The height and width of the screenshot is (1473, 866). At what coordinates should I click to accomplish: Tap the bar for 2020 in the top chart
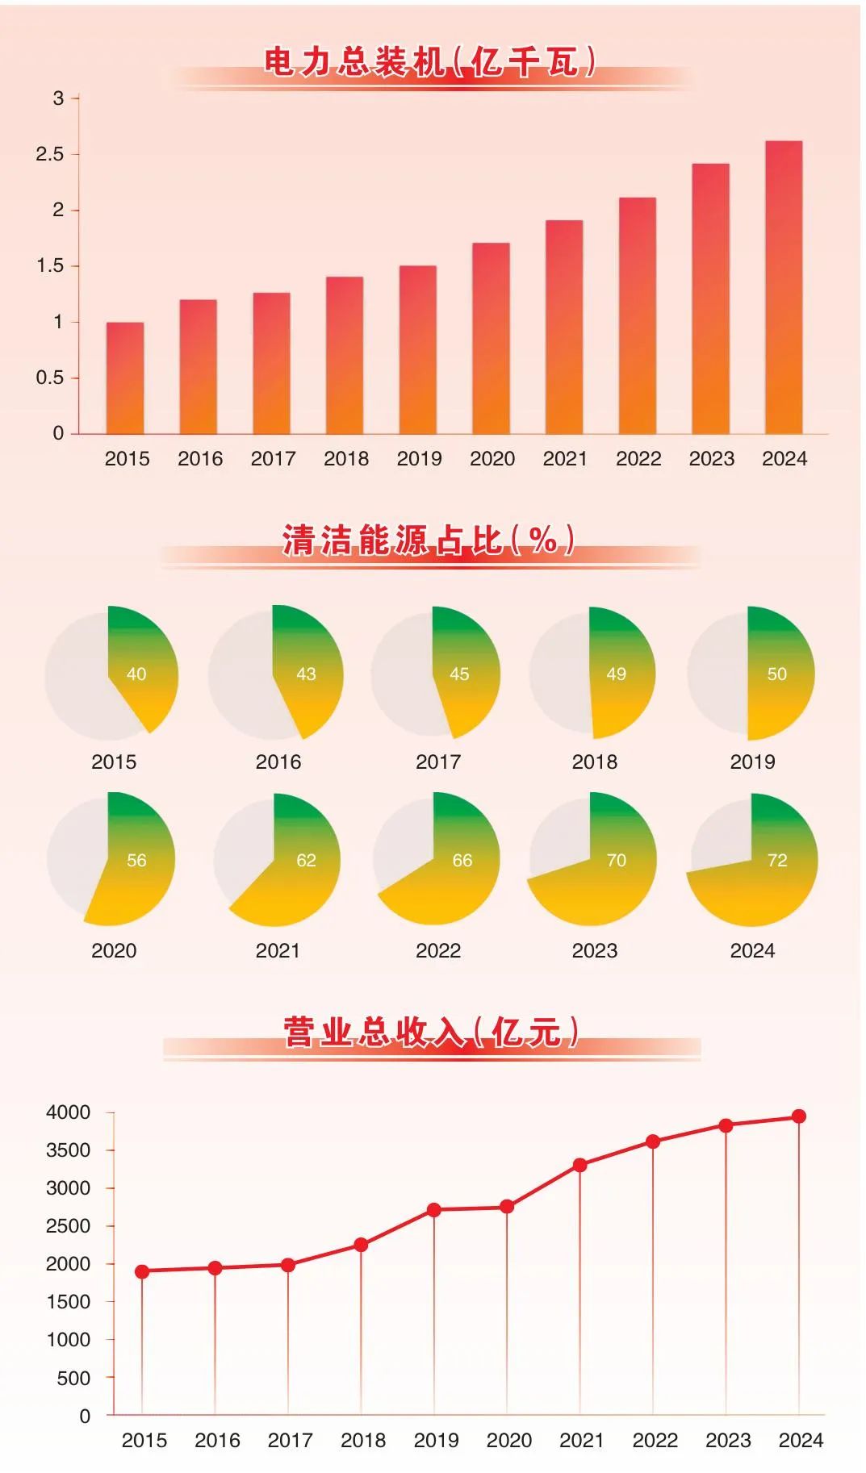(491, 338)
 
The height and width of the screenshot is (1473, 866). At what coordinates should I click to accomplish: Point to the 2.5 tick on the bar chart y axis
(49, 154)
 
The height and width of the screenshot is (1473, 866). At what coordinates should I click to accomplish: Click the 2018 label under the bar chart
(346, 459)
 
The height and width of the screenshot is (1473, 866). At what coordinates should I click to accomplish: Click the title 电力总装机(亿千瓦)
(430, 62)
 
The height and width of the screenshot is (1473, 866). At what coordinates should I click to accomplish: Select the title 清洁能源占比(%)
(429, 540)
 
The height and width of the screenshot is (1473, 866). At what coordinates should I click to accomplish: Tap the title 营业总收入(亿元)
(431, 1032)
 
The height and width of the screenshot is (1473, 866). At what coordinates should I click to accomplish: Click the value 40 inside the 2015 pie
(136, 674)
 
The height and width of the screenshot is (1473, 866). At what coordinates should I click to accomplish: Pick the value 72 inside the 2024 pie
(777, 860)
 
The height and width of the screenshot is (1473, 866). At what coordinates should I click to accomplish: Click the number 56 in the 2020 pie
(136, 860)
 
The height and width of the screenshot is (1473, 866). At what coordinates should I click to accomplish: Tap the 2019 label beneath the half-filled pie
(752, 762)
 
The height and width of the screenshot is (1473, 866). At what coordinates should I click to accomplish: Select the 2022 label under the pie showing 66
(438, 950)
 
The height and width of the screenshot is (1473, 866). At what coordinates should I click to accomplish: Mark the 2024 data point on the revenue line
(798, 1116)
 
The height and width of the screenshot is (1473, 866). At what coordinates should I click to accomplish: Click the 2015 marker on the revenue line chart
(142, 1271)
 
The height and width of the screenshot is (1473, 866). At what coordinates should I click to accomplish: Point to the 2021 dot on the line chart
(579, 1165)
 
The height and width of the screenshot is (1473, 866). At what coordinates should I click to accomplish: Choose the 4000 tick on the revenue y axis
(69, 1112)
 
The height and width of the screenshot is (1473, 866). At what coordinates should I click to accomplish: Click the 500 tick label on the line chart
(73, 1378)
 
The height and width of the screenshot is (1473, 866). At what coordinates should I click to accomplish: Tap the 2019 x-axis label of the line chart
(436, 1440)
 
